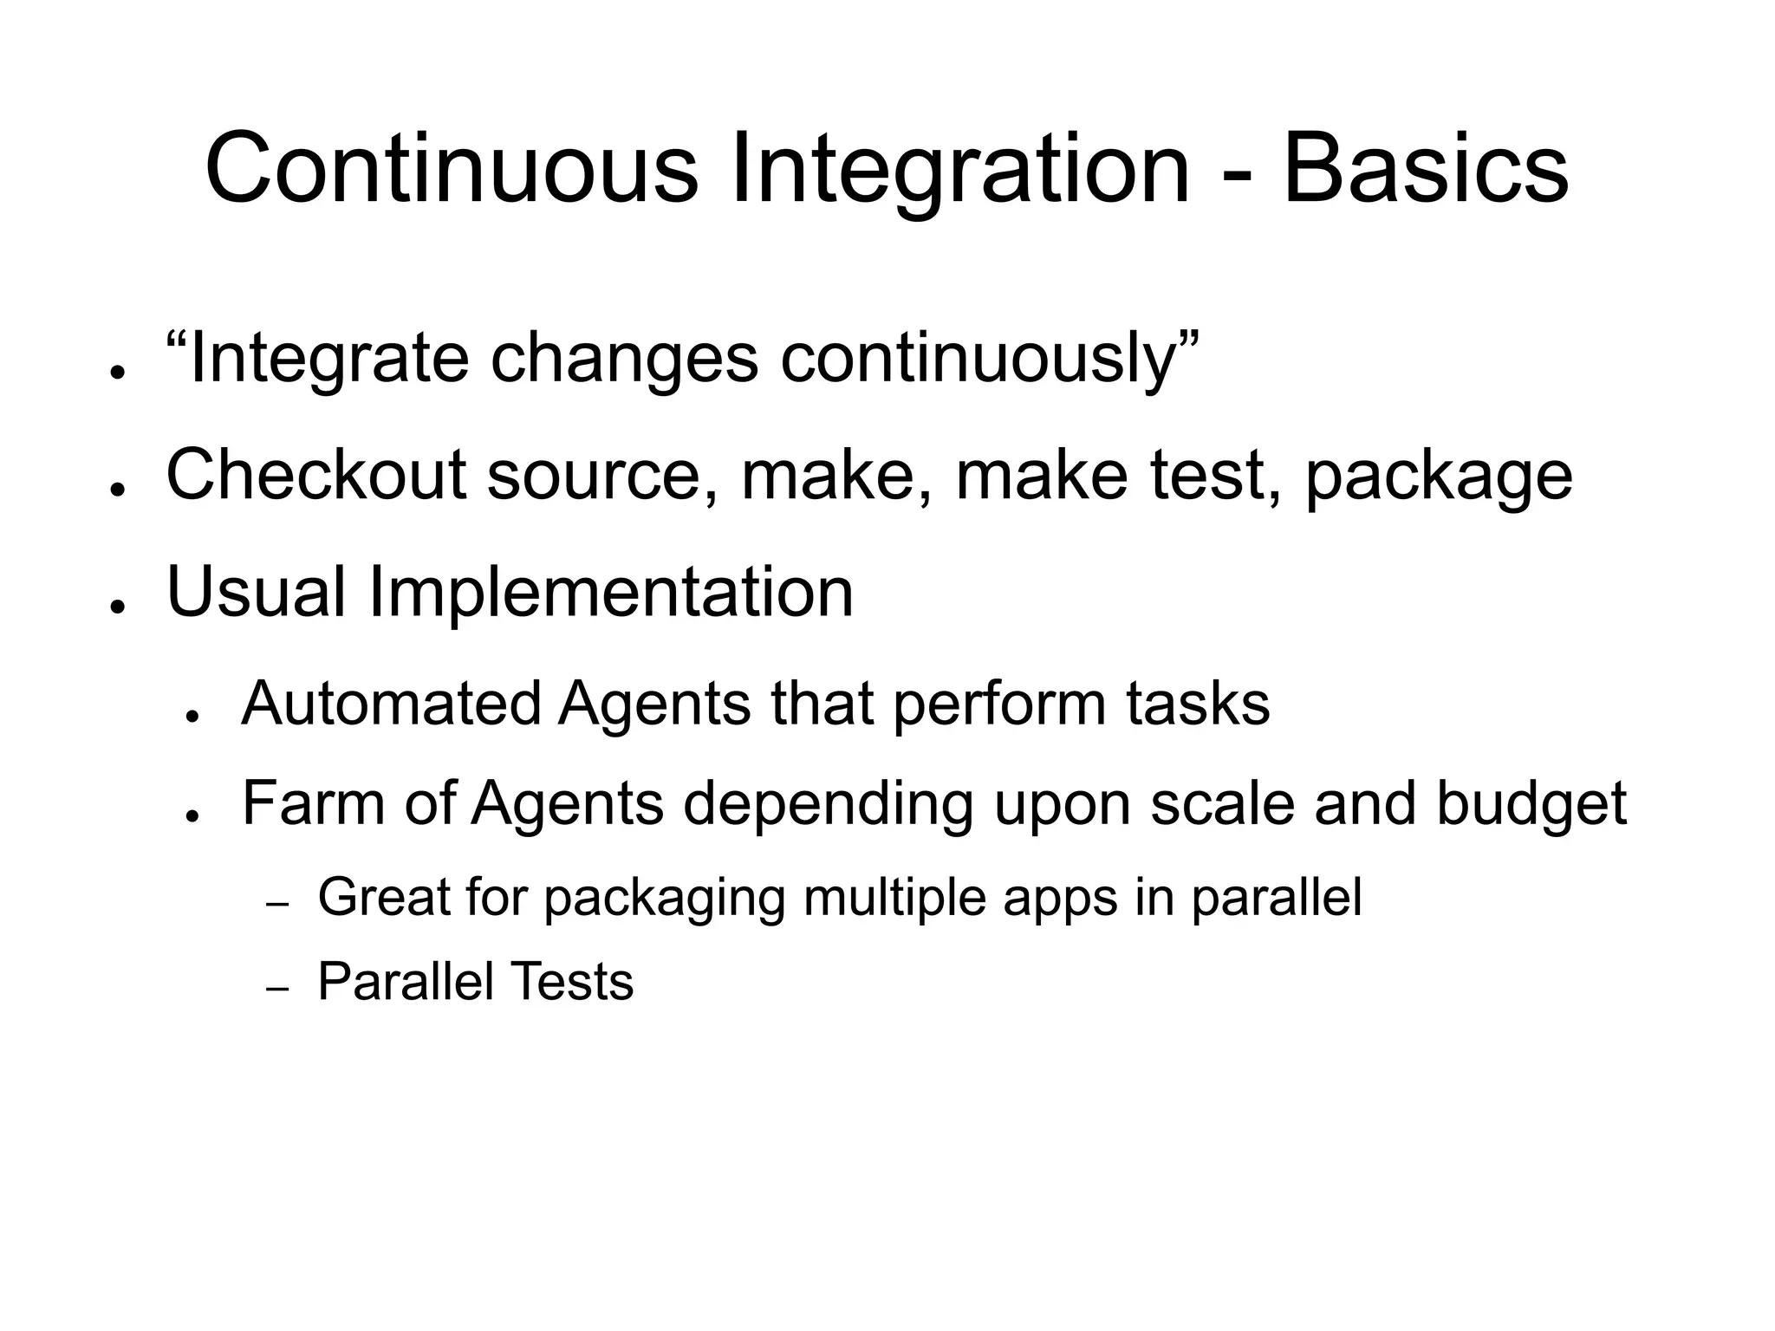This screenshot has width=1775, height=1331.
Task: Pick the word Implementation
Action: click(x=611, y=594)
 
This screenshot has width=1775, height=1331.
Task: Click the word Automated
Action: click(x=391, y=703)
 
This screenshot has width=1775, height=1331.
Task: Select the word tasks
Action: click(x=1198, y=703)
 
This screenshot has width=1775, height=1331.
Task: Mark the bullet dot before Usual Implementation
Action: click(x=114, y=606)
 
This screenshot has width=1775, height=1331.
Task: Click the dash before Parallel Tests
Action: click(x=277, y=989)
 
